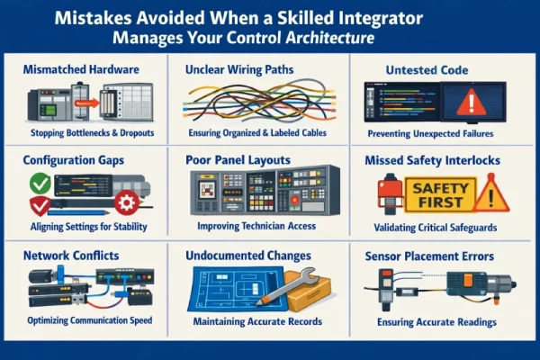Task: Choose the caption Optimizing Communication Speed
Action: pos(88,319)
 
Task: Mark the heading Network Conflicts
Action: pos(73,256)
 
